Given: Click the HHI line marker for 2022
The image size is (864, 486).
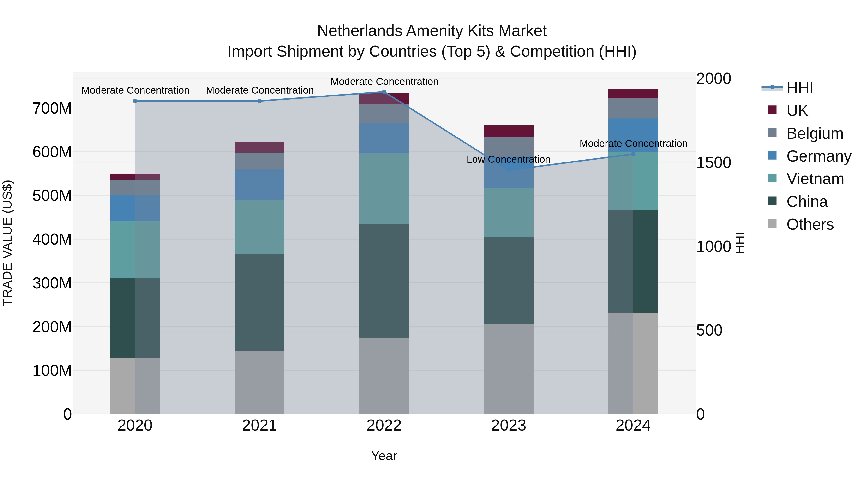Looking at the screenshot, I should [384, 92].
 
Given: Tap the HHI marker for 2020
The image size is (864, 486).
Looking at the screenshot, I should [135, 101].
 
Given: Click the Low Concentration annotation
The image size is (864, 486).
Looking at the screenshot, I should [508, 159].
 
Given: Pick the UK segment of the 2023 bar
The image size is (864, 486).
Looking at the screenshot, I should [509, 131].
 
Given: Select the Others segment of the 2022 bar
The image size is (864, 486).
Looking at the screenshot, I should [384, 375].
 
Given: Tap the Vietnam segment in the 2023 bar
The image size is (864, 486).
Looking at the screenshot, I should [509, 213].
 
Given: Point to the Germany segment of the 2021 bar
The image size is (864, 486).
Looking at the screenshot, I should [259, 185].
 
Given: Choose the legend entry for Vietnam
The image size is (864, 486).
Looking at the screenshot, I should [815, 179].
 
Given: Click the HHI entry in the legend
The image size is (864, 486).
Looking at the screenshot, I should [800, 88].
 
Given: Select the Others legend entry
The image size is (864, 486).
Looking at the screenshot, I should [810, 224].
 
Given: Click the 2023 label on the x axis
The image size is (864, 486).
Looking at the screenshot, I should [509, 426].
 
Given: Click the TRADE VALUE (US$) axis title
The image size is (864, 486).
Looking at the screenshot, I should [7, 243].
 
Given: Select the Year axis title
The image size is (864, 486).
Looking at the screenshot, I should [384, 456].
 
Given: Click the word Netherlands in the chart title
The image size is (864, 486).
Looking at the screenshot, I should [359, 31].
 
